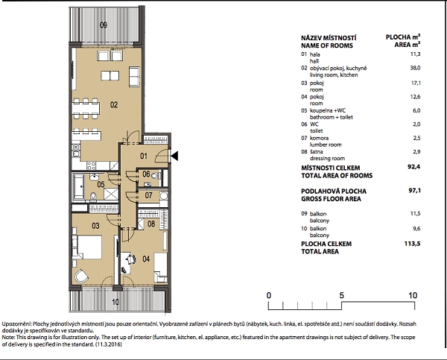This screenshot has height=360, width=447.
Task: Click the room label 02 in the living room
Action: point(114,105)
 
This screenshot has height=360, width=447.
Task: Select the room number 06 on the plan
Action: point(148,174)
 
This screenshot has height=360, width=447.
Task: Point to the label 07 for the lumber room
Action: point(149,196)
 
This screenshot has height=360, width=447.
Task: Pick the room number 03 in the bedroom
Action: point(95,225)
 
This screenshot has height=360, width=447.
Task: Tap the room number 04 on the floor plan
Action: point(145,259)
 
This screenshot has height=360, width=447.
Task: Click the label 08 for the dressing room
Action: point(150,224)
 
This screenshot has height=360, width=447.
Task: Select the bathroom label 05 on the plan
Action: point(100,183)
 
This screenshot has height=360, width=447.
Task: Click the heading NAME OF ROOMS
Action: point(329,45)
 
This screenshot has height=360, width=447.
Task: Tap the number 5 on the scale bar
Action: point(341,295)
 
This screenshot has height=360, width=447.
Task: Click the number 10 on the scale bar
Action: point(413,295)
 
